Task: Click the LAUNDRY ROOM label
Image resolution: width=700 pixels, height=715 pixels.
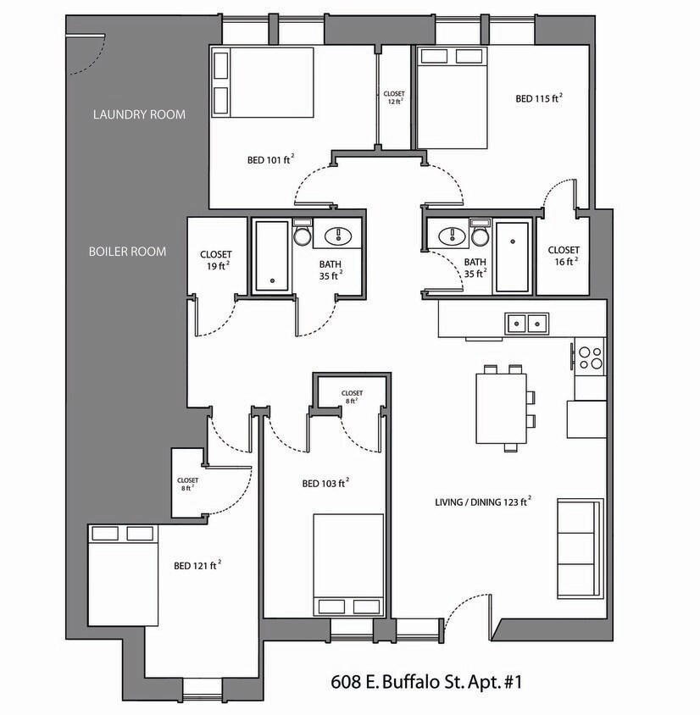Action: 139,114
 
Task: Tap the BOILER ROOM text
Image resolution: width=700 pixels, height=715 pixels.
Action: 127,252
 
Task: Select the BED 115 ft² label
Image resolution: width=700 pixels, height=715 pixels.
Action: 539,98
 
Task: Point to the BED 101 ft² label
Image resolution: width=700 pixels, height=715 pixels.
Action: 270,158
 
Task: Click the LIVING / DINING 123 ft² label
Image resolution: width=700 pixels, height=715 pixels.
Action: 482,502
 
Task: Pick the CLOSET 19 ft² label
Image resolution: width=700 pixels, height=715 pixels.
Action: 215,260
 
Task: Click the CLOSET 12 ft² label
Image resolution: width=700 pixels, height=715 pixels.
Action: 394,97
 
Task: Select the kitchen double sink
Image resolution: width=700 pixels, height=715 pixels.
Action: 526,323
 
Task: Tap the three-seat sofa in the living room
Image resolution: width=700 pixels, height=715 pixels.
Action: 580,549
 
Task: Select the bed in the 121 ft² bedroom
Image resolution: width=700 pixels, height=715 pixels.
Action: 124,575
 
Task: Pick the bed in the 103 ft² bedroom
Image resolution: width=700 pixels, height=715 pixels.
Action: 348,565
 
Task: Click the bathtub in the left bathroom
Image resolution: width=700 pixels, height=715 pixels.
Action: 271,257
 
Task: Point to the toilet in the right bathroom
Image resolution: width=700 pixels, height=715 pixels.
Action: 480,233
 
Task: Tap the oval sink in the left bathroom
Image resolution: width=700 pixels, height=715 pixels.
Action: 340,235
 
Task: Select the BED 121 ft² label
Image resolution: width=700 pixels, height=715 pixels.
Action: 197,565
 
